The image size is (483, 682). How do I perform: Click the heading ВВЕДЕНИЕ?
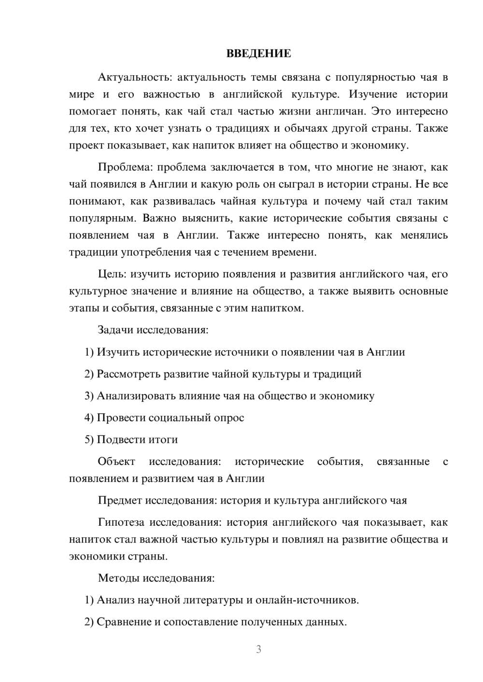[258, 54]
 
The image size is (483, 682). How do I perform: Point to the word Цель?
[112, 274]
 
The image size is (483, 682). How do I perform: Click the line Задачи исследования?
[153, 330]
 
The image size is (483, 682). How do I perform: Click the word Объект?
[116, 462]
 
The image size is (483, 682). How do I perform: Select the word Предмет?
[120, 500]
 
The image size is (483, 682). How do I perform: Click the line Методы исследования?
[156, 578]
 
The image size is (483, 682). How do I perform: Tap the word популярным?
[102, 218]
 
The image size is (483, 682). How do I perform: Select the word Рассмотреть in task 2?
[128, 374]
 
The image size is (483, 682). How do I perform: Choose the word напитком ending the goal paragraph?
[277, 308]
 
